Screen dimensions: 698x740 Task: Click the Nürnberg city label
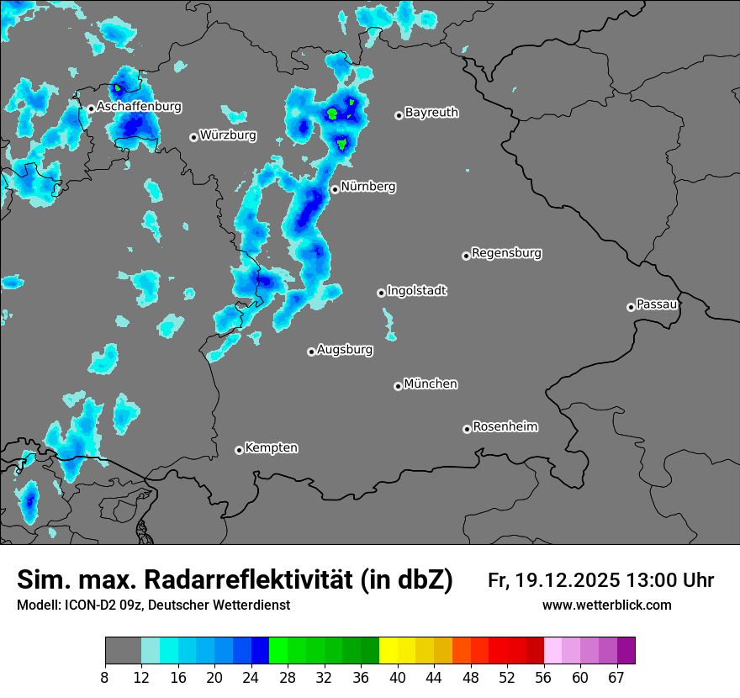[368, 187]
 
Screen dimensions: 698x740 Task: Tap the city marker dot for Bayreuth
[399, 115]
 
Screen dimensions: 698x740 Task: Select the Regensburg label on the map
[506, 252]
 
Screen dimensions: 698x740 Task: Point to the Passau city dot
[631, 307]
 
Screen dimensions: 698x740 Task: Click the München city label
[431, 383]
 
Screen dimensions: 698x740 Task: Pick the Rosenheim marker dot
[467, 430]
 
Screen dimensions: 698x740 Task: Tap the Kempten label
[271, 447]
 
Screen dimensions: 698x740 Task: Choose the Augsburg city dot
[311, 352]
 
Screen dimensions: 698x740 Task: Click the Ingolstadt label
[416, 290]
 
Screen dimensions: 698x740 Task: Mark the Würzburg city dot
[193, 137]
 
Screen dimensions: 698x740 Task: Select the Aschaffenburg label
[139, 107]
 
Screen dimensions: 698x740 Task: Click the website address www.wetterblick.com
[606, 605]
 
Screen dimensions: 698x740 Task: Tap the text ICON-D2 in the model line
[87, 605]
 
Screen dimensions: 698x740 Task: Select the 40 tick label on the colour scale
[398, 677]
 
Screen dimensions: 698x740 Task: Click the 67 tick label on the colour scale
[616, 677]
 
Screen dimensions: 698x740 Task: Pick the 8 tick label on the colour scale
[105, 677]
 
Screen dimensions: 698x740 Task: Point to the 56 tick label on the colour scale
[544, 677]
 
